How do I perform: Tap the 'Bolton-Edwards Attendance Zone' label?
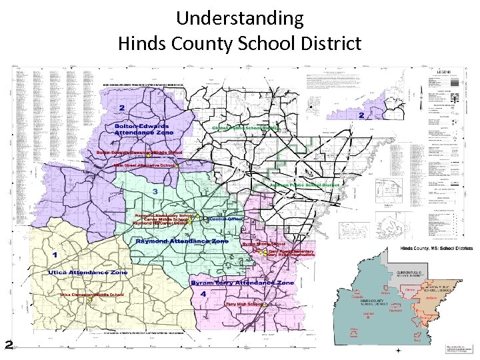[141, 129]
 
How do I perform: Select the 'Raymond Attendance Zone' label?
[182, 241]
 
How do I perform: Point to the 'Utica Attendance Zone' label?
[87, 273]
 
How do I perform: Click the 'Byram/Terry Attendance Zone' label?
[242, 283]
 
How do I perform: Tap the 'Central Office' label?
[226, 219]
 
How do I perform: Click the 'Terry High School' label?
[244, 304]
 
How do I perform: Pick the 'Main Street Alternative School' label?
[144, 165]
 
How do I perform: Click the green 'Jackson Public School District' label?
[305, 184]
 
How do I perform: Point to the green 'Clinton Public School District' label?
[245, 127]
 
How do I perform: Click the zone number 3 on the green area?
[155, 193]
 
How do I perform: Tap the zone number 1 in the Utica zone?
[54, 255]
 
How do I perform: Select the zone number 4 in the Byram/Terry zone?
[202, 293]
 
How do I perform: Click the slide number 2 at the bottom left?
[9, 345]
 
